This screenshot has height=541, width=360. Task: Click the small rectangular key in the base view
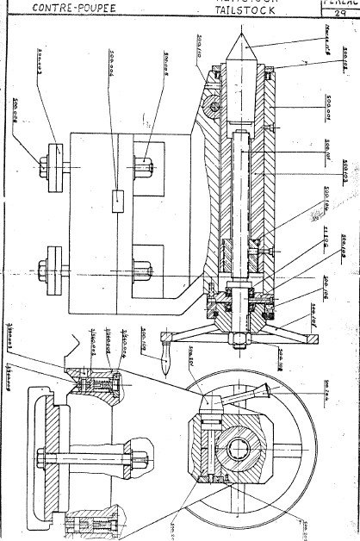tap(118, 200)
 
